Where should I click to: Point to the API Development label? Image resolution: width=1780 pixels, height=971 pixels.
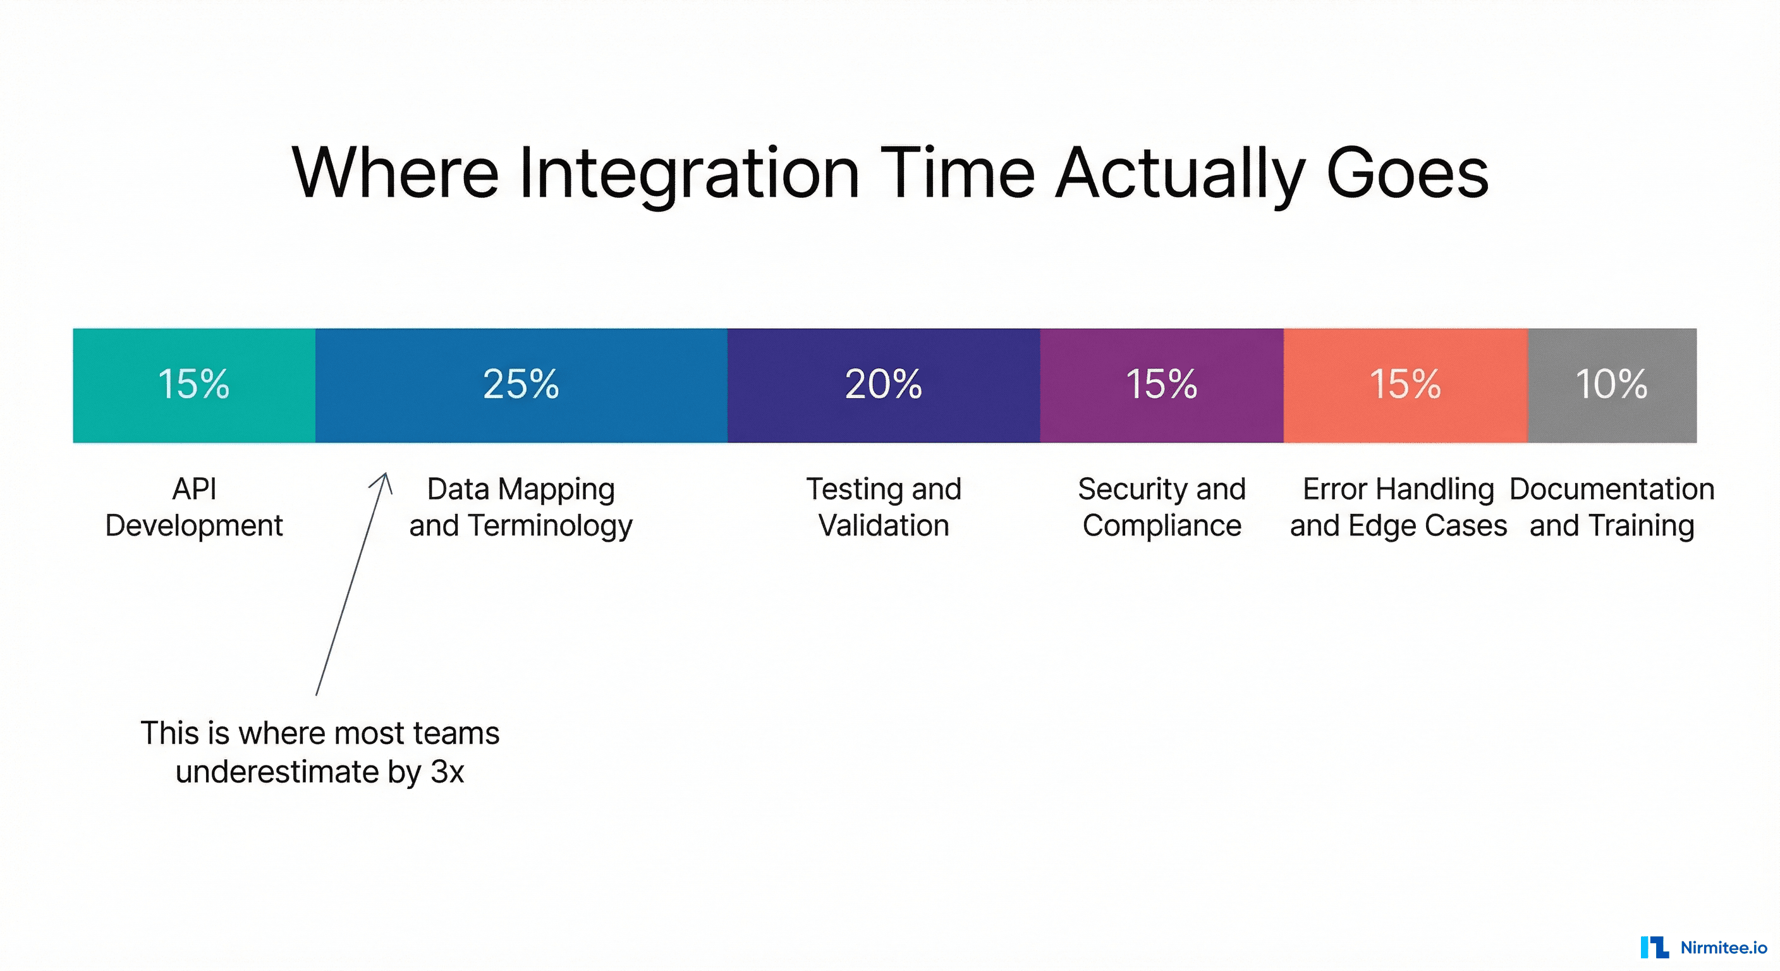coord(194,507)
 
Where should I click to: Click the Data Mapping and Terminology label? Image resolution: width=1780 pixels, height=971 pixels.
coord(521,507)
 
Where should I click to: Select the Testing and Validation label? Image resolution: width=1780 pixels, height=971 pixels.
coord(884,507)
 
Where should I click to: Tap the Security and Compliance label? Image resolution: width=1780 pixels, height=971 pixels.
coord(1162,507)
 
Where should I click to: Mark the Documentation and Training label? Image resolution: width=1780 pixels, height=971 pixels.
coord(1611,507)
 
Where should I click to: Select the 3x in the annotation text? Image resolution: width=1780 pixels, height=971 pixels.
coord(447,772)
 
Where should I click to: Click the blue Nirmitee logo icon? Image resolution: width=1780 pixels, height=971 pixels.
coord(1654,947)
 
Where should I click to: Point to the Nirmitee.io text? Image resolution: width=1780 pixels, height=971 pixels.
coord(1723,948)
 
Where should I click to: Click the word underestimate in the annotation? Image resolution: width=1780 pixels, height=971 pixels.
coord(277,772)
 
